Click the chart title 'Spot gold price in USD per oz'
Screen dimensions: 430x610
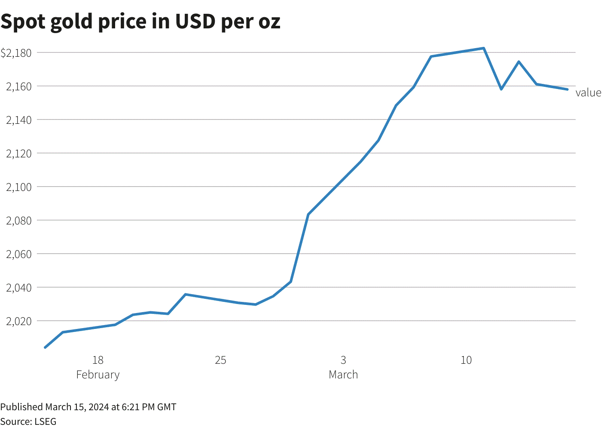pyautogui.click(x=140, y=21)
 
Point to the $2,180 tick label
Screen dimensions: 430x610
pyautogui.click(x=16, y=53)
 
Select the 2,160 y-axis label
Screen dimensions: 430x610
pyautogui.click(x=19, y=86)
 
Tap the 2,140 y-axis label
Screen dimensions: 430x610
pyautogui.click(x=19, y=120)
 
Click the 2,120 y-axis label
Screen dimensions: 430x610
pyautogui.click(x=19, y=154)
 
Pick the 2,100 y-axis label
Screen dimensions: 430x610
pyautogui.click(x=19, y=187)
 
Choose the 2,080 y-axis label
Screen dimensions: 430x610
pyautogui.click(x=19, y=221)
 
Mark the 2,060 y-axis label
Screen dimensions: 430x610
pyautogui.click(x=19, y=254)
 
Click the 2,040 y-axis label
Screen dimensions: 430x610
pyautogui.click(x=19, y=288)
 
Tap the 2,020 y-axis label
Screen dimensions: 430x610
pyautogui.click(x=19, y=321)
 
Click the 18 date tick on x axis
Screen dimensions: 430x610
pyautogui.click(x=98, y=360)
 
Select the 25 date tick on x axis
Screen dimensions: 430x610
pyautogui.click(x=220, y=360)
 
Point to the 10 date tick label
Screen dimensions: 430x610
pyautogui.click(x=466, y=360)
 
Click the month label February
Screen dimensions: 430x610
pyautogui.click(x=98, y=375)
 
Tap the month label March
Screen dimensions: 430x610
pyautogui.click(x=343, y=375)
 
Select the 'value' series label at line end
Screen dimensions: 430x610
pyautogui.click(x=588, y=93)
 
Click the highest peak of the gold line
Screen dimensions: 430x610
pyautogui.click(x=484, y=48)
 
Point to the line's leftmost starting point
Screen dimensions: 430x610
pyautogui.click(x=45, y=347)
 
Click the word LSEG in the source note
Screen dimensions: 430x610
pyautogui.click(x=46, y=421)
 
